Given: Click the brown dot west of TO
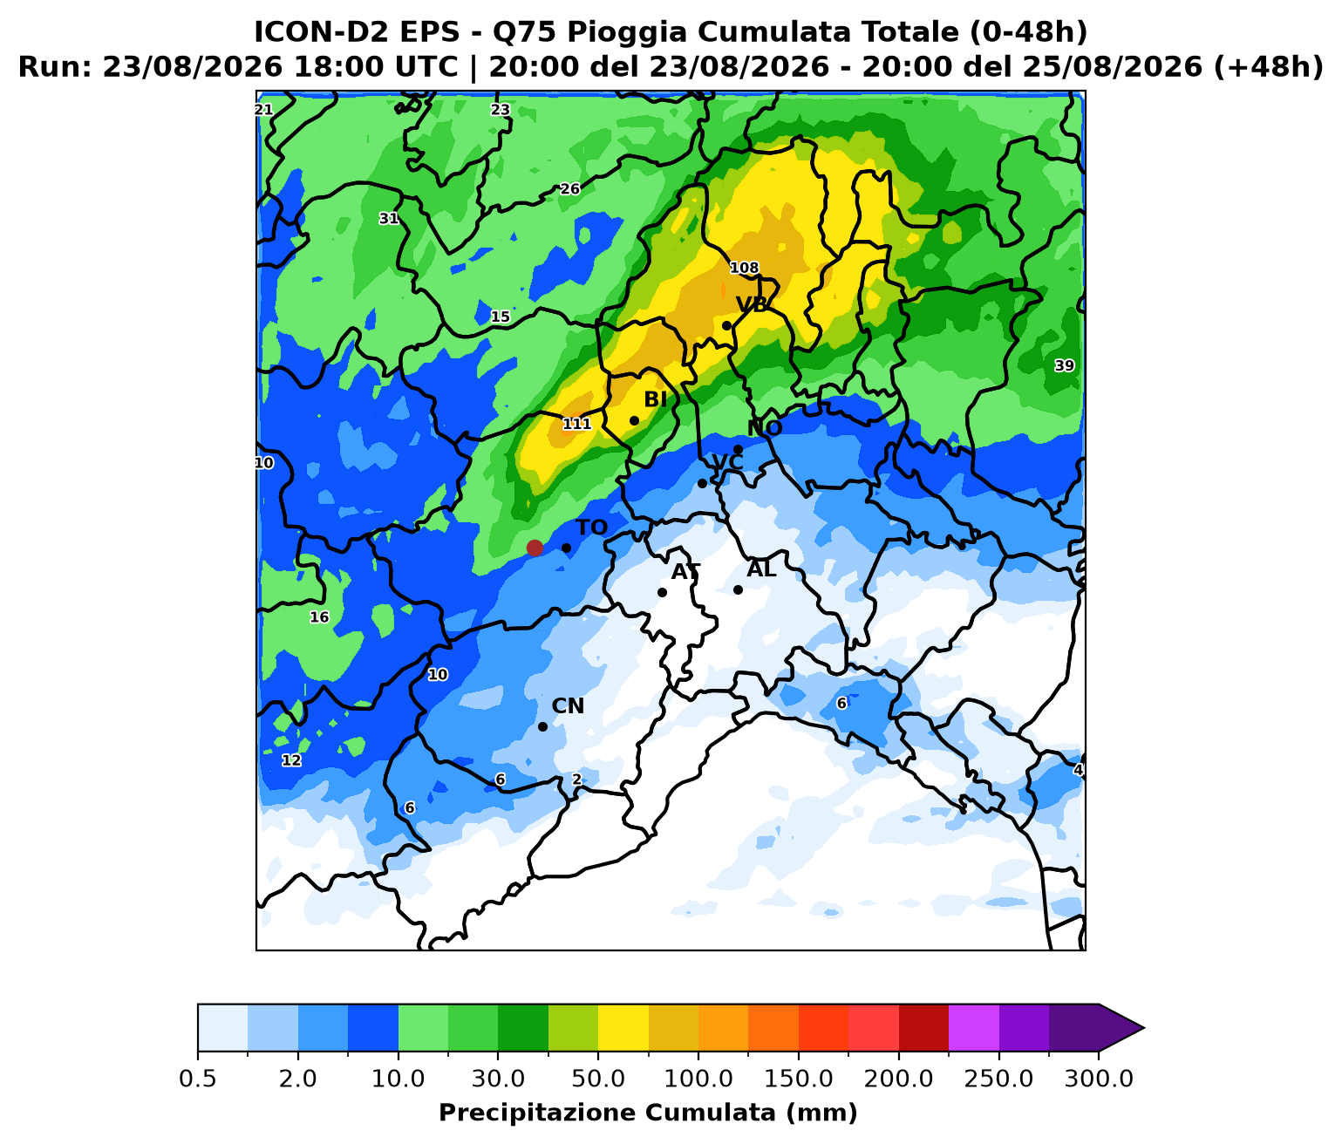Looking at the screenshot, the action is pos(535,548).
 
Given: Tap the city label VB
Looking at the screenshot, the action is pos(752,303).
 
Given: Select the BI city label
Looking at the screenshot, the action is pos(655,399).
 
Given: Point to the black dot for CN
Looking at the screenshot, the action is pos(542,726).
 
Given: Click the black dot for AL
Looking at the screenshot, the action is pos(738,589).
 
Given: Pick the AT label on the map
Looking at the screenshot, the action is pos(685,572).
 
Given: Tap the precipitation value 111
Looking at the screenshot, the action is pos(576,424).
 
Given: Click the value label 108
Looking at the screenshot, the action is pos(744,268).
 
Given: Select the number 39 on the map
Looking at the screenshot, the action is pos(1064,365).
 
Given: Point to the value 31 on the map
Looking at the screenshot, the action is pos(389,218).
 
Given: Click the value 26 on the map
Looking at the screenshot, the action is pos(570,189).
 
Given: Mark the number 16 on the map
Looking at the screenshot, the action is pos(319,616).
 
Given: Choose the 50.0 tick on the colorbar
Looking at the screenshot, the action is pos(598,1079).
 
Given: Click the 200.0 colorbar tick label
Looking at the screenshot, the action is pos(898,1079).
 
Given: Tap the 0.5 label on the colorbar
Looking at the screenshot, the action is pos(198,1079).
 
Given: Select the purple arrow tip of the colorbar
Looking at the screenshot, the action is pos(1144,1028).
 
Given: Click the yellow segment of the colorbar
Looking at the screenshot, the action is pos(623,1028).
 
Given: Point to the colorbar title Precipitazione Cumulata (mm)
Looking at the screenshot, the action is pos(648,1113).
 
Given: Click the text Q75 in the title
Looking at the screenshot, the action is pos(525,31).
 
